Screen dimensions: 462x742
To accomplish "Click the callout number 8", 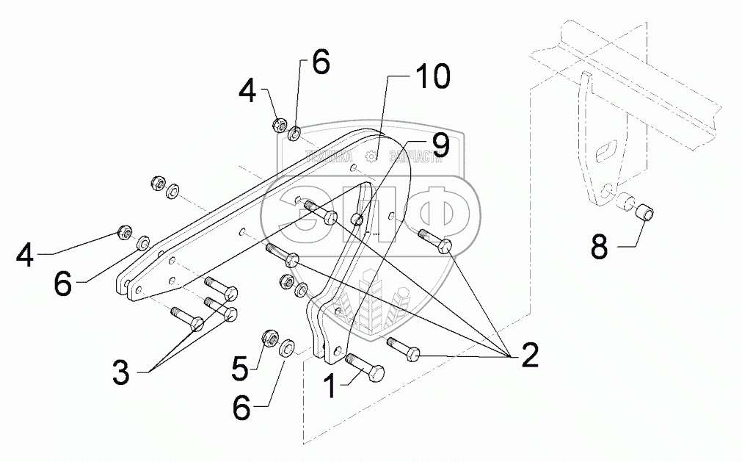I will pyautogui.click(x=600, y=245).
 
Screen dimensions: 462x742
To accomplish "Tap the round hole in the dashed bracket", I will pyautogui.click(x=604, y=193).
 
